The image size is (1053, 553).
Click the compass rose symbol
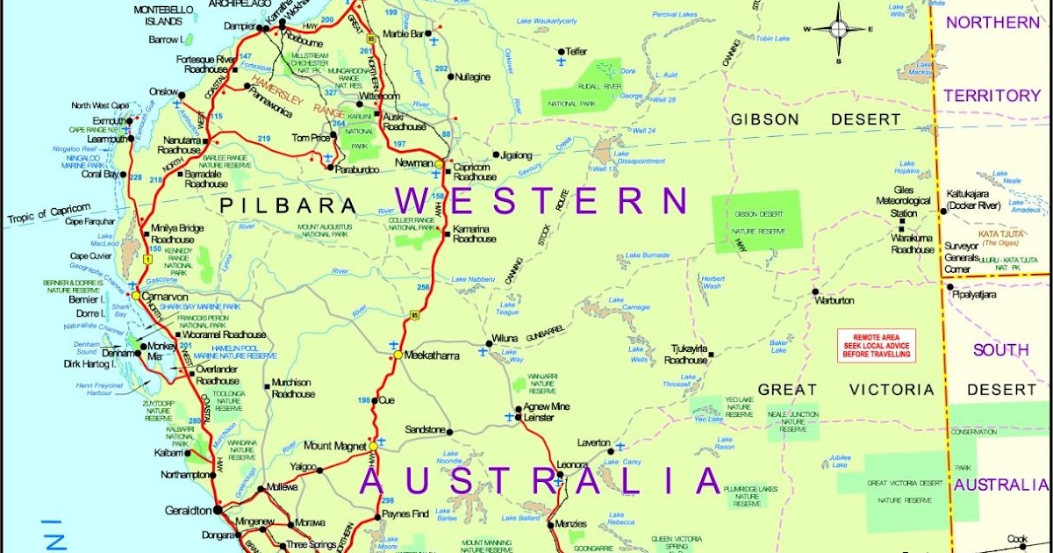point(838,29)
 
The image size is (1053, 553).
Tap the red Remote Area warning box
point(876,345)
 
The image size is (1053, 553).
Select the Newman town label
point(413,163)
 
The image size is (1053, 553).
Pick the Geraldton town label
point(188,510)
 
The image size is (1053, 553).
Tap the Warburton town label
point(835,300)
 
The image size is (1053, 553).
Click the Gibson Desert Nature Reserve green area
point(756,221)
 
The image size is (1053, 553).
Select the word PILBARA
point(289,205)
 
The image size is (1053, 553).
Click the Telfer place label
point(577,52)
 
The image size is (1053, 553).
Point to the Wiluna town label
point(505,337)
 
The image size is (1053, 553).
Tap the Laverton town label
point(593,443)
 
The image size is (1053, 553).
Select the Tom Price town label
point(310,138)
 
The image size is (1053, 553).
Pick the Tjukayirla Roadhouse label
point(685,354)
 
